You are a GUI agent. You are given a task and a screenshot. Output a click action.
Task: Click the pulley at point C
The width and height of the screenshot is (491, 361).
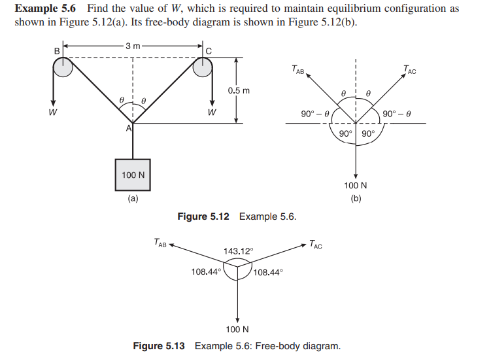pyautogui.click(x=204, y=67)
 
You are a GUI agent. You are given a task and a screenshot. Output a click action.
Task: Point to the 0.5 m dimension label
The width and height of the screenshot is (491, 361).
pyautogui.click(x=239, y=90)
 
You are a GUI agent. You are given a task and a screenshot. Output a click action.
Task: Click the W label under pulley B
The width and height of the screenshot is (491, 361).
pyautogui.click(x=53, y=111)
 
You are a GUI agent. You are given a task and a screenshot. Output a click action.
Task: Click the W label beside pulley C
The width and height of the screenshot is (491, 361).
pyautogui.click(x=212, y=111)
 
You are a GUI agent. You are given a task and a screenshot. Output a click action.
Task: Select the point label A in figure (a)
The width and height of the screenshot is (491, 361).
pyautogui.click(x=129, y=129)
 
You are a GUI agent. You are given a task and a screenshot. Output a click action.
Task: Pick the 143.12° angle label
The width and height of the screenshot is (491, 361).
pyautogui.click(x=238, y=251)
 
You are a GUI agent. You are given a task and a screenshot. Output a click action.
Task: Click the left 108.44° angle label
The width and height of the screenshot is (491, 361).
pyautogui.click(x=206, y=271)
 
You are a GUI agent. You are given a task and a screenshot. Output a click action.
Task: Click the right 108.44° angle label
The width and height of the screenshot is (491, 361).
pyautogui.click(x=268, y=271)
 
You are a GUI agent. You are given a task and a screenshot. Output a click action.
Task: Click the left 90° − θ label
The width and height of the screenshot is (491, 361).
pyautogui.click(x=316, y=114)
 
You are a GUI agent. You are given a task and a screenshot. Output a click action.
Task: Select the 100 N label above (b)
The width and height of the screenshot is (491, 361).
pyautogui.click(x=355, y=185)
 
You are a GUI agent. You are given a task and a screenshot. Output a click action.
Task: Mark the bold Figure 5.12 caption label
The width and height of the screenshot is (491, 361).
pyautogui.click(x=203, y=216)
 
